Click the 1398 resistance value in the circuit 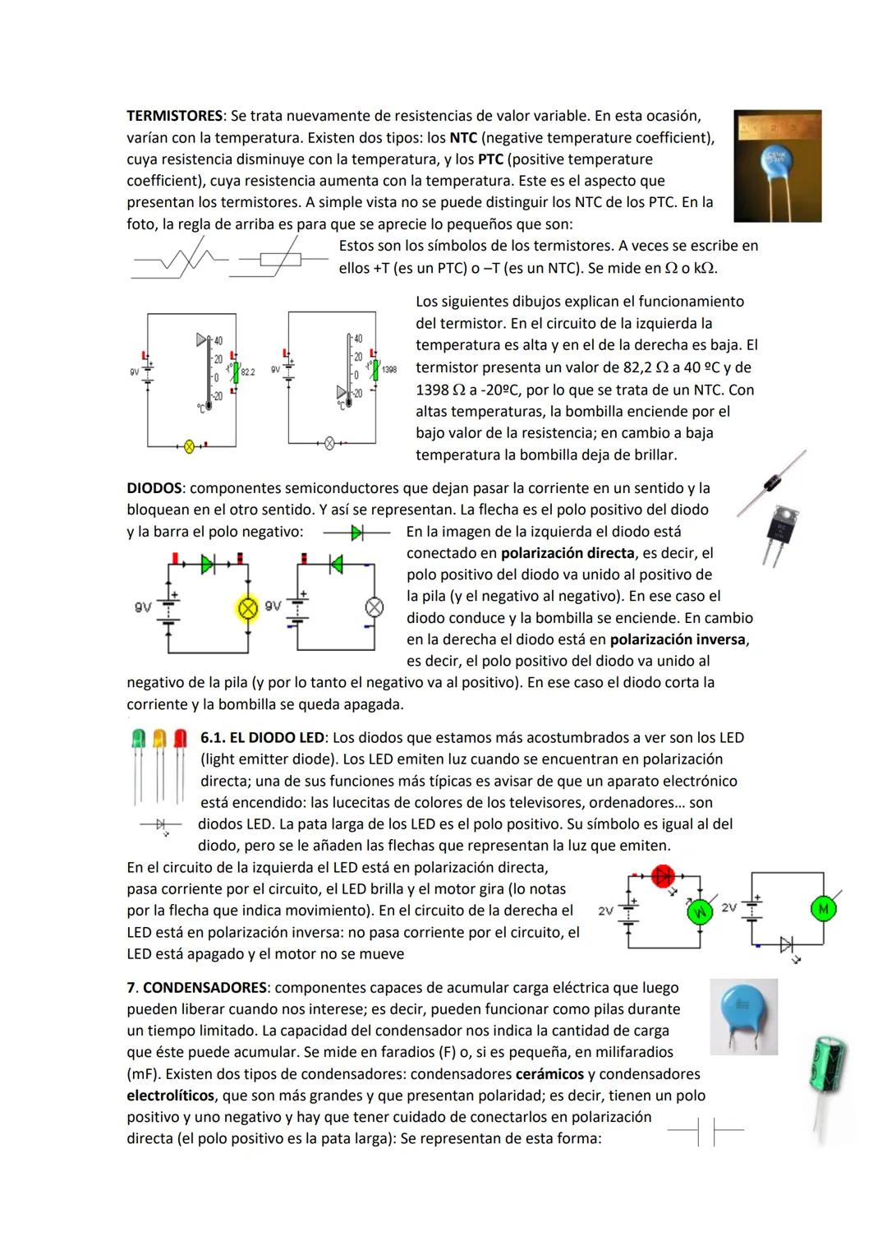[389, 370]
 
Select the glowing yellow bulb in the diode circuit [247, 608]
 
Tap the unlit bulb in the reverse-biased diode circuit [374, 607]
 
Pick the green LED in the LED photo [139, 739]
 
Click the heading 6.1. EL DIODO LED [263, 738]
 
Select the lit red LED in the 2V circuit [662, 876]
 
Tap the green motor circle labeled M [821, 908]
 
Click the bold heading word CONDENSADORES [205, 987]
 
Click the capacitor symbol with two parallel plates [705, 1132]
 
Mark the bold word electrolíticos [170, 1096]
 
